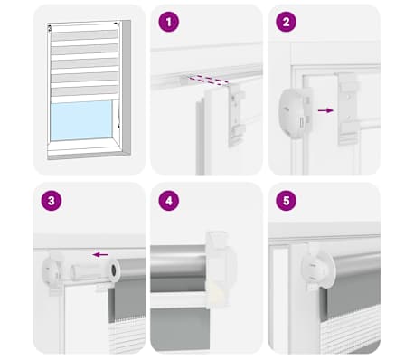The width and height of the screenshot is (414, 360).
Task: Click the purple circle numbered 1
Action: click(169, 22)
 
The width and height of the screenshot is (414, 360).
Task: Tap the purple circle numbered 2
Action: click(286, 22)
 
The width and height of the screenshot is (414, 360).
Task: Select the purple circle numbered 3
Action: click(52, 201)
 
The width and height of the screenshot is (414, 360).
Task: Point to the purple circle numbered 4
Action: click(169, 201)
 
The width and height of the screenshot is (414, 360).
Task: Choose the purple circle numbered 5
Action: click(286, 201)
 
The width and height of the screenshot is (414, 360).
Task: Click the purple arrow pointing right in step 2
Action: click(326, 110)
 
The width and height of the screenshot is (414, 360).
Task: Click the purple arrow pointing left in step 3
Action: click(100, 255)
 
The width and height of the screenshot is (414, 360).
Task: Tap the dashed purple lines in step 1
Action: click(209, 80)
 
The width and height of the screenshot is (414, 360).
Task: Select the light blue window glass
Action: click(81, 120)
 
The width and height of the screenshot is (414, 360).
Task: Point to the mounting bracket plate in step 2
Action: click(348, 109)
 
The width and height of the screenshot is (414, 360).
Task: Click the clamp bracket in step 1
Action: click(237, 114)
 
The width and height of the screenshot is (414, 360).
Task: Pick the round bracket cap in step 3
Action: click(52, 270)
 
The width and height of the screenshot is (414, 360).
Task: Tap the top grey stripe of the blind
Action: click(84, 35)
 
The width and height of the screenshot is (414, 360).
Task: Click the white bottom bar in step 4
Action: click(179, 300)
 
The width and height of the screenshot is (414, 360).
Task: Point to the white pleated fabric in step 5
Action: click(351, 332)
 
